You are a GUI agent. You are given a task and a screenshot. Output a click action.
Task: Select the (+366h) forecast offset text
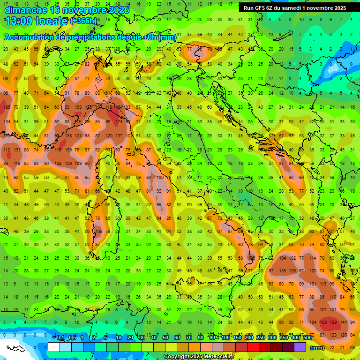click(83, 21)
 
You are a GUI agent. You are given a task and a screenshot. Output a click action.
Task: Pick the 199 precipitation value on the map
click(333, 322)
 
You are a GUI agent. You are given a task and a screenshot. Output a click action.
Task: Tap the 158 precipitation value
click(323, 322)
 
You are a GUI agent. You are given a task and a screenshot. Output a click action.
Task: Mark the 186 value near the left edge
click(7, 107)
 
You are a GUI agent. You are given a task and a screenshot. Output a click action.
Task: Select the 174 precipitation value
click(120, 122)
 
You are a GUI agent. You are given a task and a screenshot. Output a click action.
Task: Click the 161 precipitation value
click(120, 107)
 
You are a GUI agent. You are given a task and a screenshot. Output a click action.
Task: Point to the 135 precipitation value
click(283, 271)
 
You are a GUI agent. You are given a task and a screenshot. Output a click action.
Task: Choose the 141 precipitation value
click(344, 322)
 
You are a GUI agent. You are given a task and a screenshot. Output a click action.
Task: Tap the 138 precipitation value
click(68, 136)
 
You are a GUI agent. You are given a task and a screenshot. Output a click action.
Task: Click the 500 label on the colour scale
click(307, 338)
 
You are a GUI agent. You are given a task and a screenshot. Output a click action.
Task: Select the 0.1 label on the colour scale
click(61, 338)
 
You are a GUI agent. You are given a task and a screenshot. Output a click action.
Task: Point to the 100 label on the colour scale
click(225, 338)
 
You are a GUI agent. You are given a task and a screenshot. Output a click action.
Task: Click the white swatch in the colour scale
click(54, 347)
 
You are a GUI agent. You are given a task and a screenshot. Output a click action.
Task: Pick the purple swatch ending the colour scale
click(300, 347)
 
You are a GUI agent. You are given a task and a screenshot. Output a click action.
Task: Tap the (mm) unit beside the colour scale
click(317, 348)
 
